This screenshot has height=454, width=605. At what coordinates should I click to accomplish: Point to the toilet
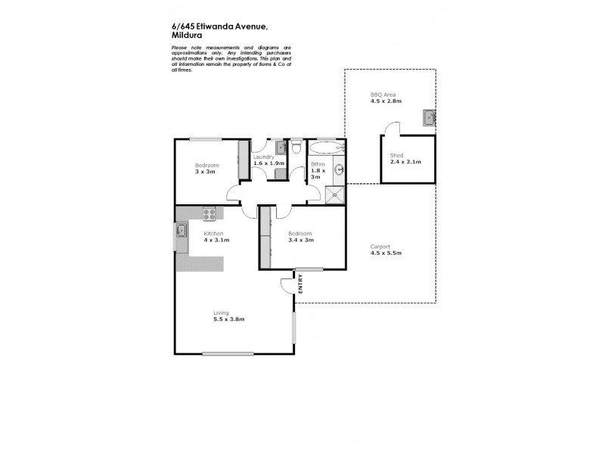click(x=297, y=145)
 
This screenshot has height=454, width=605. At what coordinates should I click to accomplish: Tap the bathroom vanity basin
click(x=340, y=169)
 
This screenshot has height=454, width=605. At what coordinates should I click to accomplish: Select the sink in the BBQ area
click(x=429, y=117)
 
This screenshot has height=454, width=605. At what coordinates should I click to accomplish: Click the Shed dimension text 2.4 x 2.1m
click(x=405, y=162)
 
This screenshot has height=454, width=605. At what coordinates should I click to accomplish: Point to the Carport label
click(x=380, y=246)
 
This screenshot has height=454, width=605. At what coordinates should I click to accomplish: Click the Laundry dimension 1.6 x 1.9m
click(x=269, y=163)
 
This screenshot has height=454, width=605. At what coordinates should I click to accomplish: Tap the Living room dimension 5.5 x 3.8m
click(x=228, y=319)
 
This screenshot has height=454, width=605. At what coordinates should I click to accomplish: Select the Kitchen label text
click(x=213, y=234)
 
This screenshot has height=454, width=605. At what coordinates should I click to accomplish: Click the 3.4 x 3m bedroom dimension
click(x=300, y=240)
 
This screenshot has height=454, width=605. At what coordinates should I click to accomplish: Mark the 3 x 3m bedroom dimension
click(x=205, y=172)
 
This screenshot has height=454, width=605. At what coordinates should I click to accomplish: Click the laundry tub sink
click(x=280, y=147)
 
